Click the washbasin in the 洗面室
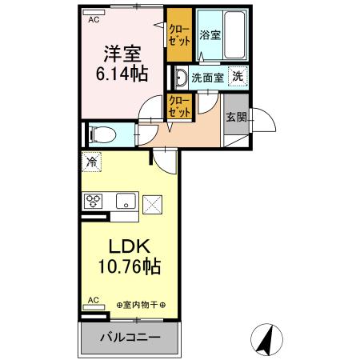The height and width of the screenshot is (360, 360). coord(180,78)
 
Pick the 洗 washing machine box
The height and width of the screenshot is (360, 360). coord(238,77)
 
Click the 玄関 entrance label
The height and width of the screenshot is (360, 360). coord(236,117)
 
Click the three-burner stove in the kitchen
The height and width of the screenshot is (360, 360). coord(92,201)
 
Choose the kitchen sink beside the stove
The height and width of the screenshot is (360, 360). coord(124,201)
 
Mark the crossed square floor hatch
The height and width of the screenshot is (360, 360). coord(152,204)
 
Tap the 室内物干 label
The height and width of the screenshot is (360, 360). coord(146,304)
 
